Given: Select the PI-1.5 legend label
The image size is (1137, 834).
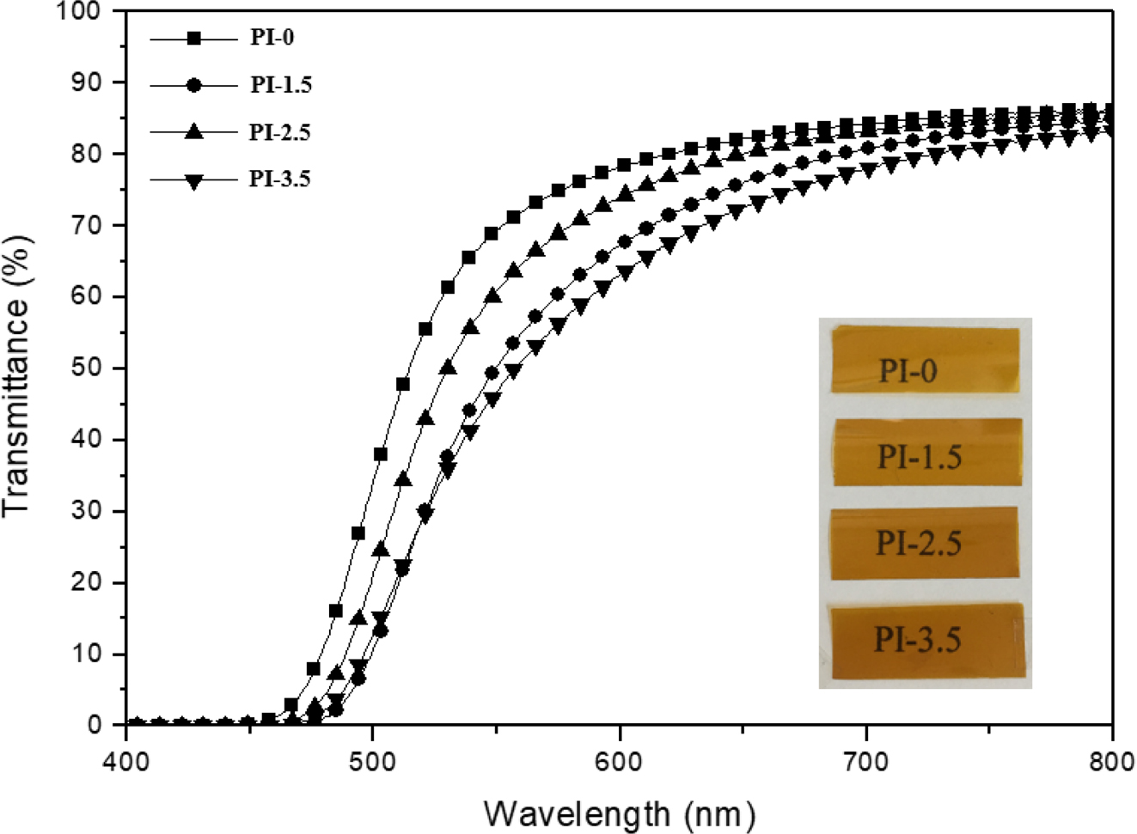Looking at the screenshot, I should point(280,85).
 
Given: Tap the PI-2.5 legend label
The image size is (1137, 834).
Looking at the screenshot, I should point(280,132).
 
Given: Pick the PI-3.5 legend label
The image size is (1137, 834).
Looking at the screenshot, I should point(280,180).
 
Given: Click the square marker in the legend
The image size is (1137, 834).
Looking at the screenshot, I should point(193,39).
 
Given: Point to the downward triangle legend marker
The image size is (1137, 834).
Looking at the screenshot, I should point(193,180).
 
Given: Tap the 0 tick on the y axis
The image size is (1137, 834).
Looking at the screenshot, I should point(96,726).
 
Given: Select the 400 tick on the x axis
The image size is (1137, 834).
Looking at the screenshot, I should point(126,758).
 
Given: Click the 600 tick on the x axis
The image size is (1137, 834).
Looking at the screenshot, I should point(620,758).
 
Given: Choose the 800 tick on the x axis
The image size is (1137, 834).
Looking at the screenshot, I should point(1112,758).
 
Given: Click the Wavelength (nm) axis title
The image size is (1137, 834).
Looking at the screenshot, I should point(619,812).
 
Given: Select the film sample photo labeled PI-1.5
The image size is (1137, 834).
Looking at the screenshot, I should point(926,452).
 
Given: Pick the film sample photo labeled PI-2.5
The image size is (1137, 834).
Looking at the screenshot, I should point(924,543).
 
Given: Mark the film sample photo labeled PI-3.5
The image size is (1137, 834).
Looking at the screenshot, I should point(925,639).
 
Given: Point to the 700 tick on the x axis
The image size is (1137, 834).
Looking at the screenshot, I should point(866,758).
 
